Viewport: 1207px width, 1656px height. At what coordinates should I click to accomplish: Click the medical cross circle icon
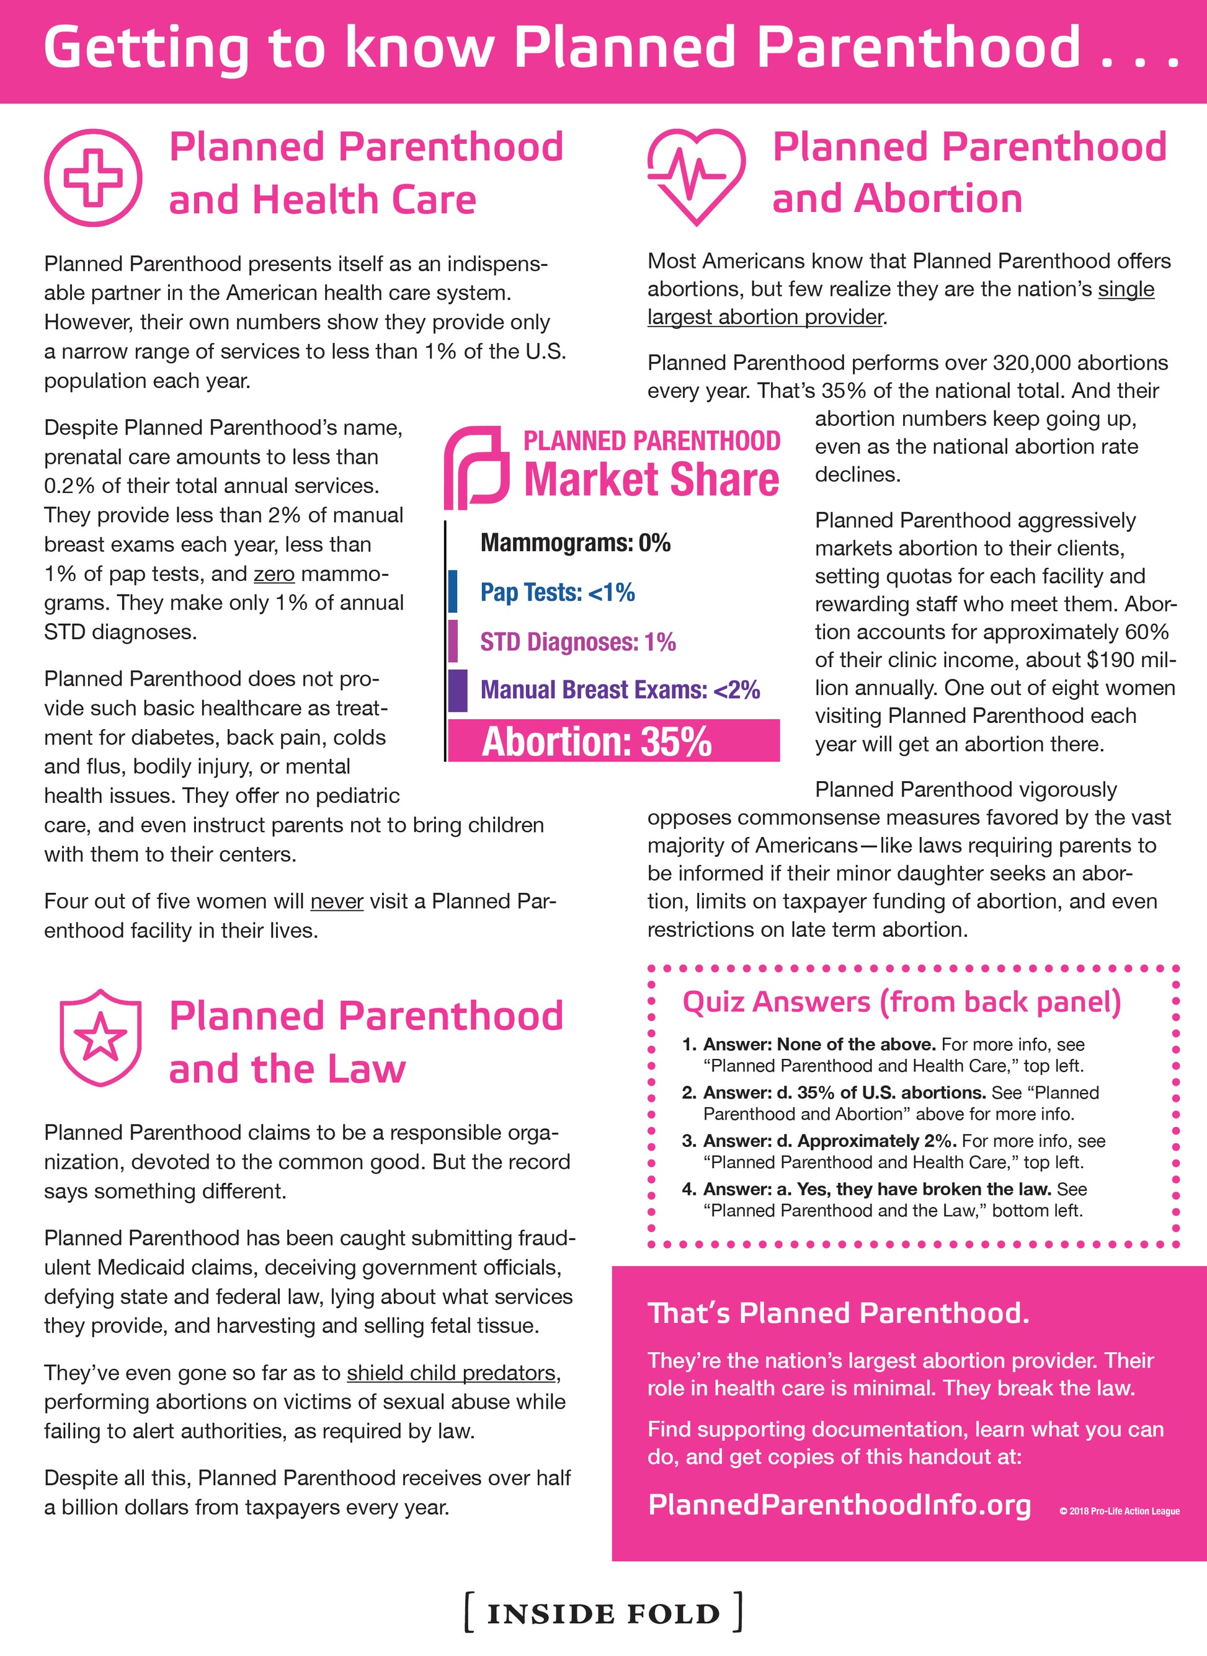pos(93,177)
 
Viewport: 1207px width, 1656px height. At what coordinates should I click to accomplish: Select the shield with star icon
pos(100,1037)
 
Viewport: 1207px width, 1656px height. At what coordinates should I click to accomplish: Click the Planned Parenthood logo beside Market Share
pos(476,467)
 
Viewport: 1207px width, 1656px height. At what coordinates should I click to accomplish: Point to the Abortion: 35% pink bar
pos(613,741)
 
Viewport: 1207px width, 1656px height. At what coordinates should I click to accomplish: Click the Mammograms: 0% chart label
pos(575,542)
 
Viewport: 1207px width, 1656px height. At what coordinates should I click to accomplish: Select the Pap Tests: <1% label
pos(557,592)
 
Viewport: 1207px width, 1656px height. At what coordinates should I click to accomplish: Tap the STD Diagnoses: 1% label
pos(577,642)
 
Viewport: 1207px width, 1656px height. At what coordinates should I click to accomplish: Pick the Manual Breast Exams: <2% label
pos(620,690)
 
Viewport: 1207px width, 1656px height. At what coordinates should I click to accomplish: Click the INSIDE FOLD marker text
pos(603,1614)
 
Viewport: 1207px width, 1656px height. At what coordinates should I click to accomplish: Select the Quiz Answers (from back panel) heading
pos(901,1002)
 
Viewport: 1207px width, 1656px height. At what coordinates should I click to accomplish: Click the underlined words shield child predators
pos(452,1373)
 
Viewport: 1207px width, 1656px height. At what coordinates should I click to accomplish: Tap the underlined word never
pos(336,901)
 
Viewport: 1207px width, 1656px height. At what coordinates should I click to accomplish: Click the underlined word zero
pos(274,574)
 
